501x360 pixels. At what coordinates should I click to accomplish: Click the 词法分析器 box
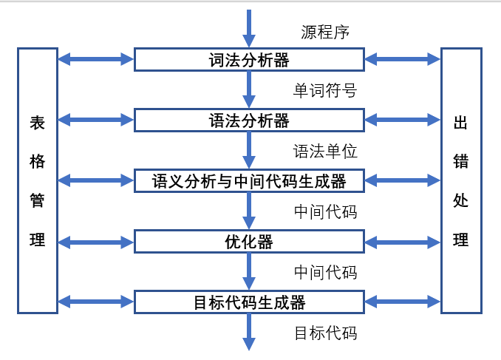click(x=249, y=60)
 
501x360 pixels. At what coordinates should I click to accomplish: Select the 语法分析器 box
click(x=249, y=120)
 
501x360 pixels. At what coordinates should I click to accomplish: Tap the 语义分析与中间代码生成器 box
click(x=249, y=180)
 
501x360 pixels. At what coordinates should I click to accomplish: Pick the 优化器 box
click(x=249, y=241)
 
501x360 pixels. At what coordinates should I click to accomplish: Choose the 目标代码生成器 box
click(x=249, y=302)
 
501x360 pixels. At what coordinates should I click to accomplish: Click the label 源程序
click(x=325, y=32)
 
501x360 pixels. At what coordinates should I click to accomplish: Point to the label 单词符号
click(x=325, y=91)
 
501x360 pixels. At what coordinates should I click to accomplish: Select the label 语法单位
click(x=325, y=152)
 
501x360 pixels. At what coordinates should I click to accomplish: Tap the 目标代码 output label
click(x=325, y=333)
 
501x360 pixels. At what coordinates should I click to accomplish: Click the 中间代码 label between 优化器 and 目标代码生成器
click(x=325, y=272)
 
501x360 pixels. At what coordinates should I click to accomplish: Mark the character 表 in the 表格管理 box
click(x=38, y=123)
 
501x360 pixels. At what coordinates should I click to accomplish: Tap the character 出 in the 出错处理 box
click(x=461, y=123)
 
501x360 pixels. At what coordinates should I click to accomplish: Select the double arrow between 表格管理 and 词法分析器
click(x=95, y=59)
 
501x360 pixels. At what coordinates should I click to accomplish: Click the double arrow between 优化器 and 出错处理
click(x=402, y=241)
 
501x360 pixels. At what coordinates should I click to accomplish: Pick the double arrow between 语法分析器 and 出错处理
click(x=402, y=120)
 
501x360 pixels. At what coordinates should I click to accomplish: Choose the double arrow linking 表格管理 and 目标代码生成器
click(x=95, y=302)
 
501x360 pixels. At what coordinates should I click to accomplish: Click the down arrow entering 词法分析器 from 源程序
click(x=249, y=28)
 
